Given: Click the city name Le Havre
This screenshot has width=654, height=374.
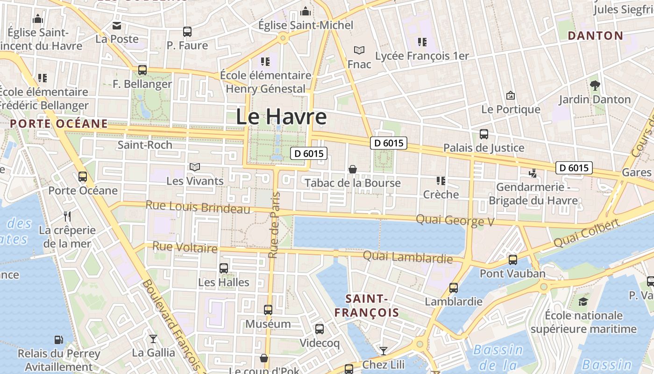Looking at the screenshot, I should (x=281, y=116).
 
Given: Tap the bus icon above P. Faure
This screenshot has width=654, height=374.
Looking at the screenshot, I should (x=187, y=32).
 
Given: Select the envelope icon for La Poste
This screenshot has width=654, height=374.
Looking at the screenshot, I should (x=117, y=25).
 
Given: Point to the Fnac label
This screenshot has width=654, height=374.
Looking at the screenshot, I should (x=359, y=64).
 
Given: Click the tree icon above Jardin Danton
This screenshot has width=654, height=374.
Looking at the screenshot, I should (x=595, y=86).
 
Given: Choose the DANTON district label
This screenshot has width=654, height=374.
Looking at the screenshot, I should (x=595, y=36).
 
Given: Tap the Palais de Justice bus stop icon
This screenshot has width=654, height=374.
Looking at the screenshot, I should (x=484, y=134).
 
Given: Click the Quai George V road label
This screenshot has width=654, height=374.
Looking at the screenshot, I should (x=455, y=220).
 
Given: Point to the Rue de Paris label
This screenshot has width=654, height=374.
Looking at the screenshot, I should (x=274, y=225).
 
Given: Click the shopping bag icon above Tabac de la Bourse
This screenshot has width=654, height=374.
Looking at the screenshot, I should (x=353, y=169).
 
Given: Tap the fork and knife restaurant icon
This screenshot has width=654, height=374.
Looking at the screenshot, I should (x=67, y=216).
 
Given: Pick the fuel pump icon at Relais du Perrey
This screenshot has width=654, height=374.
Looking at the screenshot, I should (x=59, y=340).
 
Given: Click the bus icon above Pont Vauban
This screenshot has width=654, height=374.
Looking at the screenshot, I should (x=513, y=260).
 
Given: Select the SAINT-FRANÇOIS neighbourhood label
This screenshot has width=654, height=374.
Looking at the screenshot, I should (x=372, y=305).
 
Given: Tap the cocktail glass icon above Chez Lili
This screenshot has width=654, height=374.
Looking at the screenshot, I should (x=384, y=351).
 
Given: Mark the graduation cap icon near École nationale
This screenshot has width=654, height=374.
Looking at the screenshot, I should (x=583, y=302).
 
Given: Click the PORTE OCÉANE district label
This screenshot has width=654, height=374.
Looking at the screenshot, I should (x=59, y=124).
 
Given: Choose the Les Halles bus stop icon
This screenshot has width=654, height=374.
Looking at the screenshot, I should (x=224, y=268).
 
